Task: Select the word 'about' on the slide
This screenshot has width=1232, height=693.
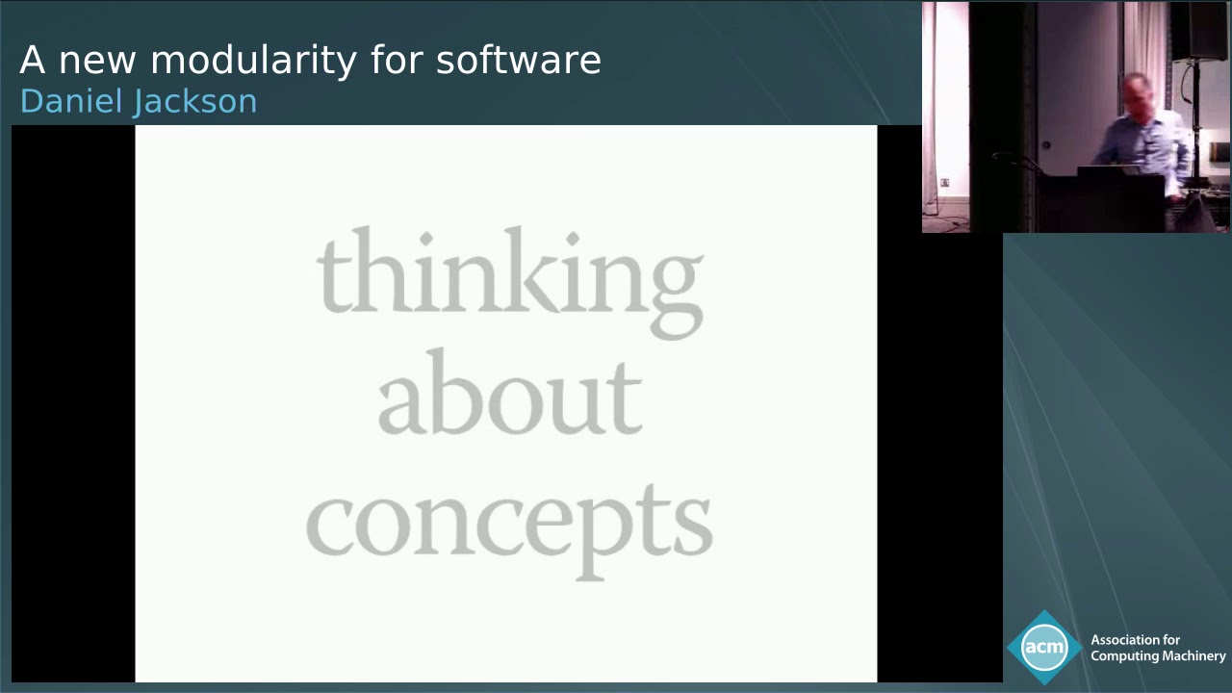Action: tap(509, 395)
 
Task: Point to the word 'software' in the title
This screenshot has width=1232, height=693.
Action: tap(518, 60)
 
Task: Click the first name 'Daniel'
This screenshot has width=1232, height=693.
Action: tap(65, 101)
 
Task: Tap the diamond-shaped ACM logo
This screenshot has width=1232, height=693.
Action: tap(1043, 647)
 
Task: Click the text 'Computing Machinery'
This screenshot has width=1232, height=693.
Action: tap(1158, 656)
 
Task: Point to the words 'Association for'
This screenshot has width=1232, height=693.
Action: tap(1135, 640)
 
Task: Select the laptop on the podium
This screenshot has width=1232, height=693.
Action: tap(1107, 171)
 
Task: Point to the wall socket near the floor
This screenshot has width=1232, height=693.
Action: tap(944, 182)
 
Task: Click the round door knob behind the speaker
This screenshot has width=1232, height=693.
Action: tap(1045, 146)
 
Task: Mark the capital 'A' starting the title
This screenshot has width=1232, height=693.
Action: tap(32, 60)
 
